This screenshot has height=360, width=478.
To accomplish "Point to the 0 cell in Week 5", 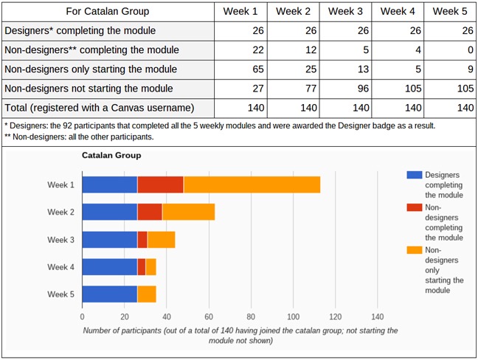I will (x=451, y=50).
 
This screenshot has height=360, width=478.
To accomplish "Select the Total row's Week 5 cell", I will (x=451, y=108).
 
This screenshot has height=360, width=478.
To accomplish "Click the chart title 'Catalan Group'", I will (x=111, y=156).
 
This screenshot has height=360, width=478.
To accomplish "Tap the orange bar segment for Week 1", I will (x=252, y=184).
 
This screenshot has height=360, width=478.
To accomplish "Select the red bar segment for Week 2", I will (x=150, y=212).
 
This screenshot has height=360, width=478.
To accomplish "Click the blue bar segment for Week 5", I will (x=109, y=294).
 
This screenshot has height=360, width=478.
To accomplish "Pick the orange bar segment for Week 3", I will (x=161, y=240).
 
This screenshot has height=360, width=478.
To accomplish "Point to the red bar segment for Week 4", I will (x=141, y=267).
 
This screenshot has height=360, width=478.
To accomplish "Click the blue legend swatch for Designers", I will (x=414, y=175).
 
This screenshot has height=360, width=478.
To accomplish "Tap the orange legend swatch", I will (x=414, y=251).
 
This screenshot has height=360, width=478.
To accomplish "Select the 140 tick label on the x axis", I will (x=377, y=316).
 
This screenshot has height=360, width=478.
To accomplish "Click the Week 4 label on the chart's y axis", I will (x=60, y=267).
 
